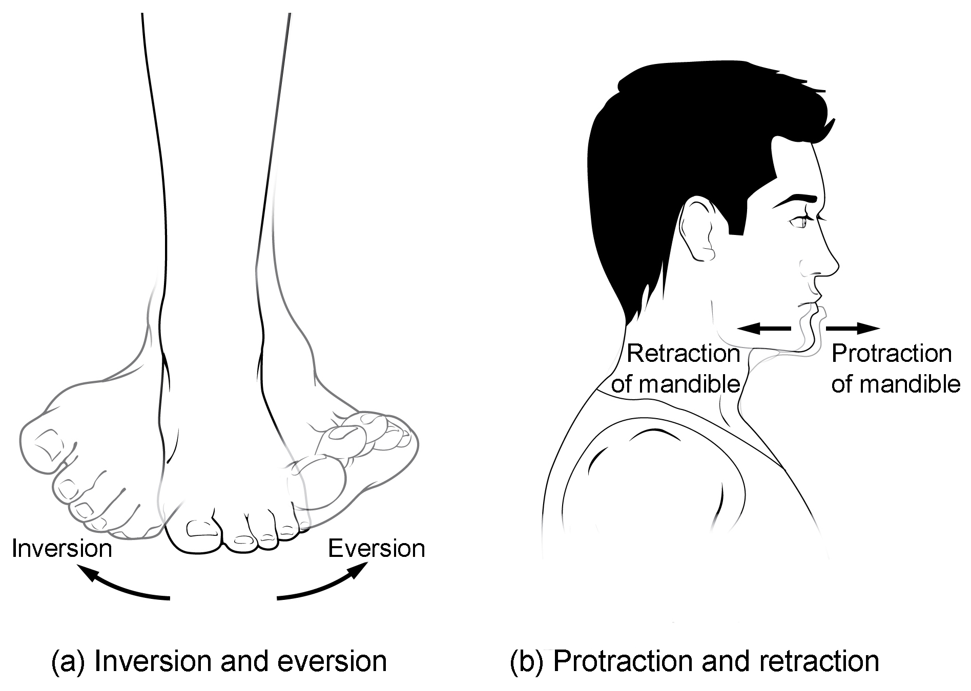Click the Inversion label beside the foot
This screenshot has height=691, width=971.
click(x=61, y=549)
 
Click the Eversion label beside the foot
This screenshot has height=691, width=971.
click(x=377, y=549)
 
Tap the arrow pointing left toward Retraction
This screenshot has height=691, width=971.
click(x=763, y=329)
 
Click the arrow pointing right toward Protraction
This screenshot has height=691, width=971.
click(x=853, y=328)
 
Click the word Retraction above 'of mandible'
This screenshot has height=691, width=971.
click(x=683, y=354)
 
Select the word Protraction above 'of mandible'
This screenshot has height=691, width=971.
click(x=891, y=354)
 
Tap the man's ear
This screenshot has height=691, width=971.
click(x=697, y=230)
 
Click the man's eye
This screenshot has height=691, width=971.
click(x=799, y=223)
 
